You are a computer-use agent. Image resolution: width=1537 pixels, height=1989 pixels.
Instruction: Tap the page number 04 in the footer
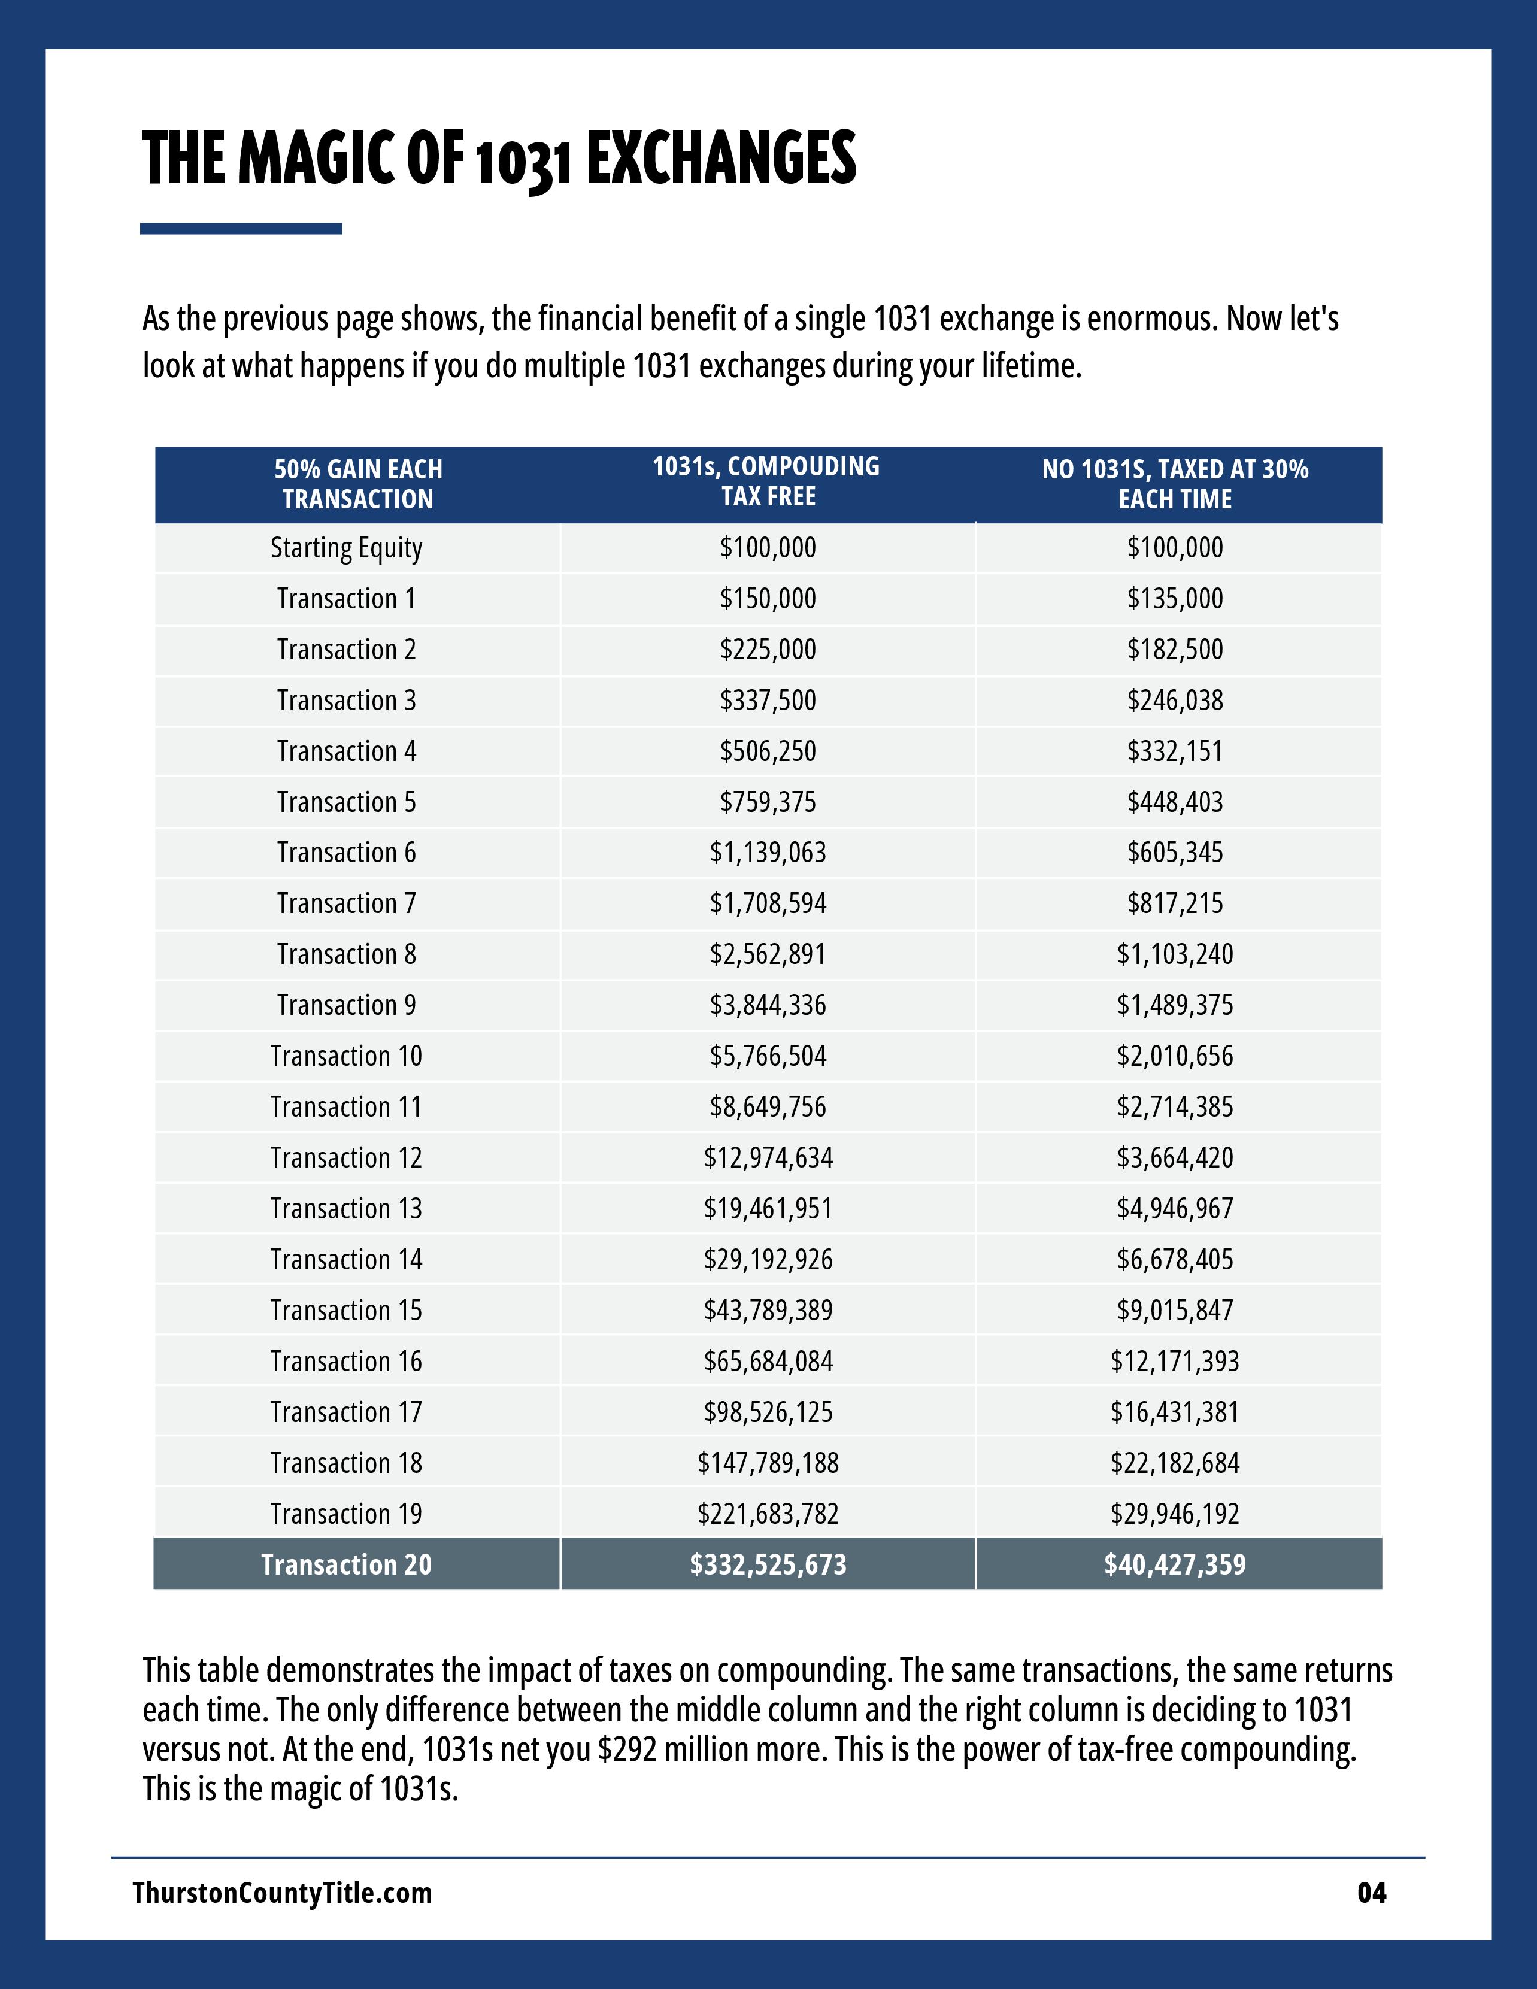pyautogui.click(x=1371, y=1893)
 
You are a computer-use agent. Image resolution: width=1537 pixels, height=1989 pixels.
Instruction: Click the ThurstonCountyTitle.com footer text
pyautogui.click(x=282, y=1893)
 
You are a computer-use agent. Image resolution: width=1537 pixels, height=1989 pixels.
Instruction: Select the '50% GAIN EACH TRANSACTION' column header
pyautogui.click(x=358, y=484)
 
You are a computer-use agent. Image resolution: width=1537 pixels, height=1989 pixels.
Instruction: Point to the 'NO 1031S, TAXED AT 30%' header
pyautogui.click(x=1175, y=484)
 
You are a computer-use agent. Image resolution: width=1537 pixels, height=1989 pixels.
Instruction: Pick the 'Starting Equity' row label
pyautogui.click(x=346, y=548)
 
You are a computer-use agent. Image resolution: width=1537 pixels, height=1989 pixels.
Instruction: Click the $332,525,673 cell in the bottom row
pyautogui.click(x=768, y=1564)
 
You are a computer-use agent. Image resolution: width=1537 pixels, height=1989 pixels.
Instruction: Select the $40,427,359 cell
pyautogui.click(x=1175, y=1564)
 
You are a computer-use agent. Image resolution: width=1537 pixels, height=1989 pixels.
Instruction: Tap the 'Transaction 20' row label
pyautogui.click(x=346, y=1564)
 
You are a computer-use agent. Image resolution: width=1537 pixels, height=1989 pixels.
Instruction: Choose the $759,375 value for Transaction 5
pyautogui.click(x=768, y=802)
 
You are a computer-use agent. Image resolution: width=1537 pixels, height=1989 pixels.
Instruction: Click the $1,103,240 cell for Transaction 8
pyautogui.click(x=1175, y=954)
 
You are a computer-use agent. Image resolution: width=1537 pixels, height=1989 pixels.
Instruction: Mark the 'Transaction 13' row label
pyautogui.click(x=346, y=1208)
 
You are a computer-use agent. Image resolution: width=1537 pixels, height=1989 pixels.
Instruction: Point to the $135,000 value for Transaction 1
pyautogui.click(x=1175, y=599)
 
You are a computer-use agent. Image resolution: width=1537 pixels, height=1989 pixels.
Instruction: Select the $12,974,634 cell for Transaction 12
pyautogui.click(x=768, y=1157)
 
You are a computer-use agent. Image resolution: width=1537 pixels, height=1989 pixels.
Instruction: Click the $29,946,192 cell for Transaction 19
pyautogui.click(x=1175, y=1514)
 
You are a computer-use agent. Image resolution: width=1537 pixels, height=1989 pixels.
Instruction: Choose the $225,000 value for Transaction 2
pyautogui.click(x=768, y=650)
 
